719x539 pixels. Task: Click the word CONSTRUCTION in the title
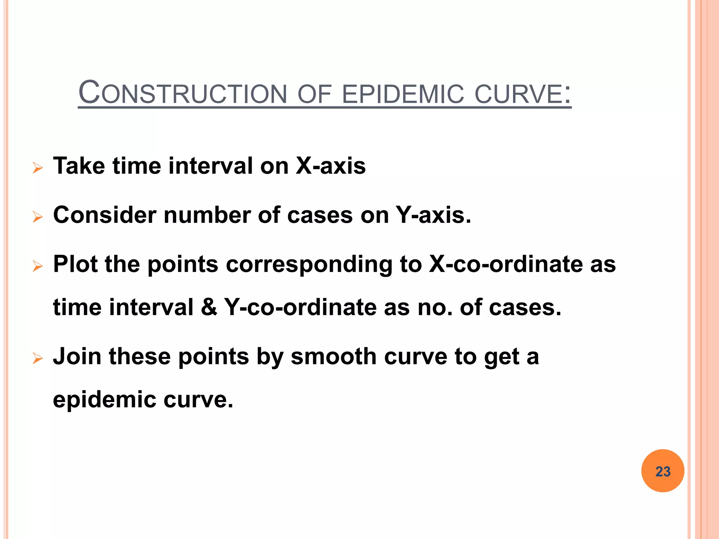pos(183,94)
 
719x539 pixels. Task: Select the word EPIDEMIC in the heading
pos(402,94)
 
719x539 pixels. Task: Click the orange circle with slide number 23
pos(662,471)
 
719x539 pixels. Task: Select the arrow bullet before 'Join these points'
pos(37,358)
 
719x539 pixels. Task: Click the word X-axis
pos(330,166)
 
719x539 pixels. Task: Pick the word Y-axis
pos(433,215)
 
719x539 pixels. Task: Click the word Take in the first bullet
pos(79,166)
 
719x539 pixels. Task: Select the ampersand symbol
pos(209,307)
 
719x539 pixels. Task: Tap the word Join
pos(77,357)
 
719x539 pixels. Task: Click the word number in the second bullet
pos(207,215)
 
